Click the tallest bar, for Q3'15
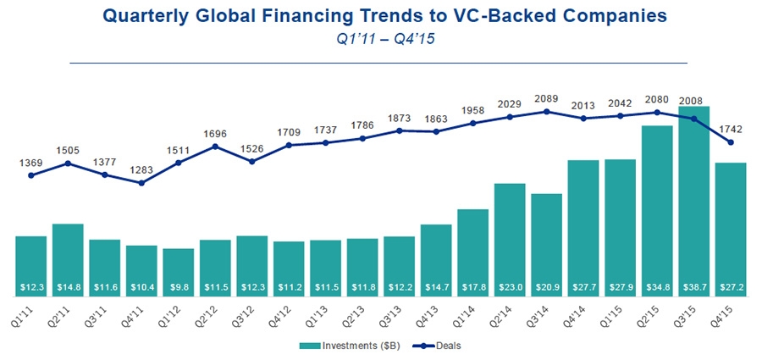694,203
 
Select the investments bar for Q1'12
178,271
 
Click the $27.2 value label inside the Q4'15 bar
732,289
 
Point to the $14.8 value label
68,289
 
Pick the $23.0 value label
510,289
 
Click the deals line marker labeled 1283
141,183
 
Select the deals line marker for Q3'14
547,111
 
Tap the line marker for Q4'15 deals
731,142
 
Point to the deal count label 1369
30,163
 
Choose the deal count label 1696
215,133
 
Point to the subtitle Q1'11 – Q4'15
381,41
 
